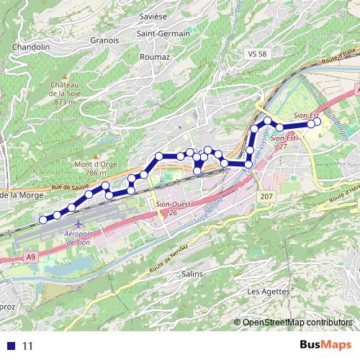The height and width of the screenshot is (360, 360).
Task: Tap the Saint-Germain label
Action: pos(163,33)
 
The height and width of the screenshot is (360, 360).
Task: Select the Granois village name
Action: pos(104,40)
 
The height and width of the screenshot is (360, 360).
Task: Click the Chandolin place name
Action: pos(30,47)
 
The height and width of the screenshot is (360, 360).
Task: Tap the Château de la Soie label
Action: pos(64,93)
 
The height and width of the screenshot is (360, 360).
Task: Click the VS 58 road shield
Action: pos(256,54)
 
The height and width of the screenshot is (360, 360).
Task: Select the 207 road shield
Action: pos(266,197)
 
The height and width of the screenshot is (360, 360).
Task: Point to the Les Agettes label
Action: pos(268,292)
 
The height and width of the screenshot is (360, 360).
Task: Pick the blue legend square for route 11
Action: pos(11,346)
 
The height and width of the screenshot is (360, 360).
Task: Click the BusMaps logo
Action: pos(325,345)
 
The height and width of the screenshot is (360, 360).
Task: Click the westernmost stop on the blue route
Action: pos(43,220)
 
